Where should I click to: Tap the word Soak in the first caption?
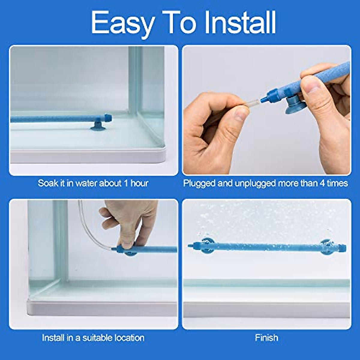tap(48, 183)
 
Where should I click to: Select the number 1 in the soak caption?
tap(126, 183)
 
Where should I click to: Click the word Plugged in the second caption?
tap(199, 183)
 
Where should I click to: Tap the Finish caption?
tap(266, 338)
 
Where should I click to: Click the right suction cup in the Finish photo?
tap(327, 247)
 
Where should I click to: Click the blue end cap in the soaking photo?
tap(107, 117)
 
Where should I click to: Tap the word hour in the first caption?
tap(139, 183)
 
